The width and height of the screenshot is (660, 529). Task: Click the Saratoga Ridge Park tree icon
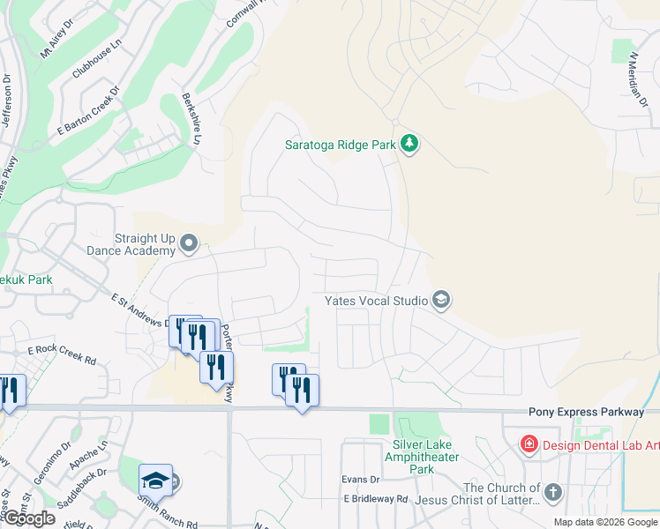pyautogui.click(x=409, y=144)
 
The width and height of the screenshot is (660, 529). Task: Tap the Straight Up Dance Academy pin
pyautogui.click(x=189, y=242)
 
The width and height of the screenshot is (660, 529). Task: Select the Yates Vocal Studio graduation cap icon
pyautogui.click(x=441, y=301)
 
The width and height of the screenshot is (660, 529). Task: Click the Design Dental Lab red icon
pyautogui.click(x=529, y=444)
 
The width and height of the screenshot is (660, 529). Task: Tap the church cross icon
pyautogui.click(x=552, y=492)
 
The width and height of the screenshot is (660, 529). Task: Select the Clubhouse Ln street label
pyautogui.click(x=96, y=59)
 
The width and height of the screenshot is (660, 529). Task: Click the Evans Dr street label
pyautogui.click(x=360, y=480)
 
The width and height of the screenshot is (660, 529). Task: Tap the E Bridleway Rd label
pyautogui.click(x=376, y=498)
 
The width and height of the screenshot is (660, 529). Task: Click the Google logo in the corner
pyautogui.click(x=29, y=518)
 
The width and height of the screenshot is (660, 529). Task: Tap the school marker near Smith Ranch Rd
pyautogui.click(x=156, y=480)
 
